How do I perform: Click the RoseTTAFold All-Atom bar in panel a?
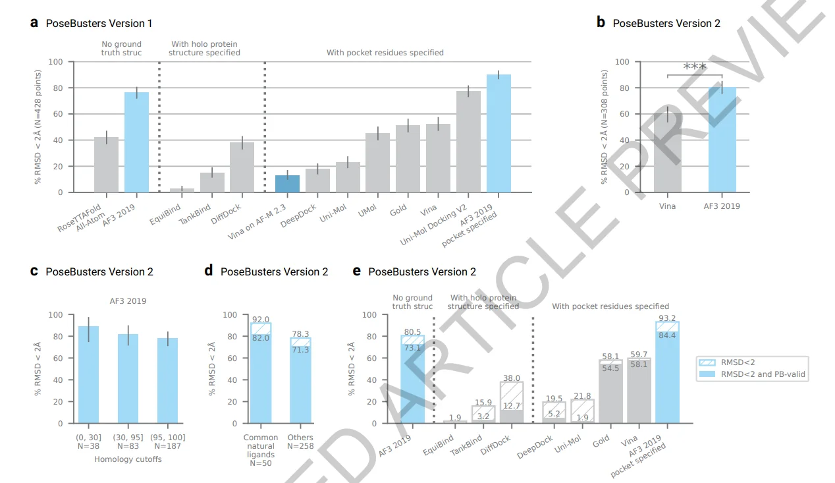pos(106,165)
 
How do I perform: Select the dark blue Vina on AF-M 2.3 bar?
pos(287,184)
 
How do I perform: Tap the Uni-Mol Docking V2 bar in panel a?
pos(468,142)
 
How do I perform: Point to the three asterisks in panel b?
pos(695,67)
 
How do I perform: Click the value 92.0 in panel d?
pos(261,320)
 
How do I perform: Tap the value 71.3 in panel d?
pos(300,350)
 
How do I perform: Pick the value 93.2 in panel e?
pos(667,318)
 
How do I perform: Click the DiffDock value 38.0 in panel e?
pos(511,379)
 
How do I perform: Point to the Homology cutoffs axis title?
pos(128,459)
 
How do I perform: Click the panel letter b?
pos(601,22)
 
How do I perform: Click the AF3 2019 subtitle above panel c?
pos(128,301)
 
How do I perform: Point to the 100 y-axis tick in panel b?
pos(622,62)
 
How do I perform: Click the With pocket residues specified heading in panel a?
pos(385,53)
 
